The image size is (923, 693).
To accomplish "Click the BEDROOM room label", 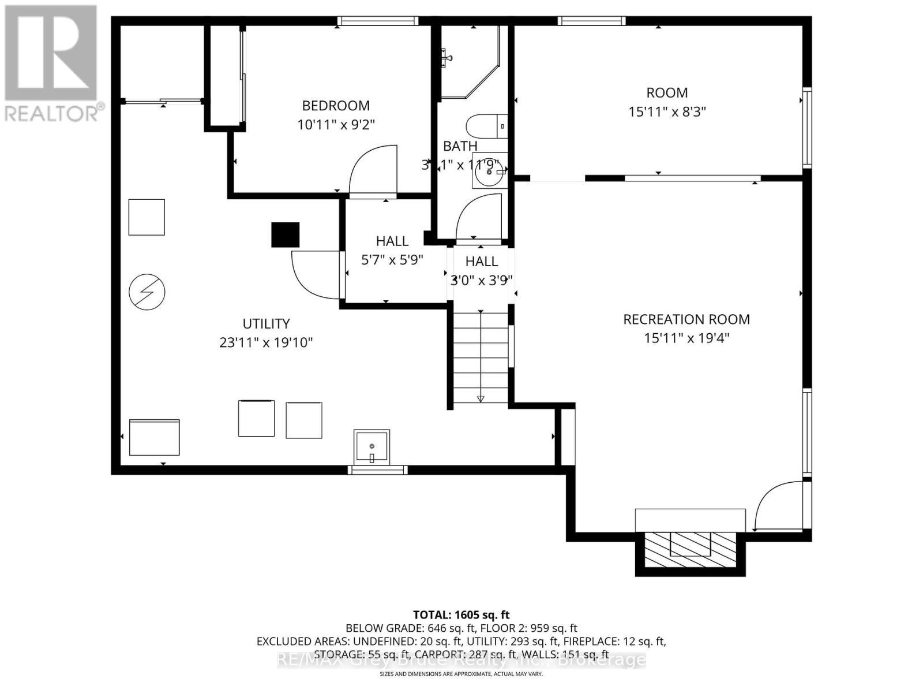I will [336, 106].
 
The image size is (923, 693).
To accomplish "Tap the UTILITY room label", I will [266, 323].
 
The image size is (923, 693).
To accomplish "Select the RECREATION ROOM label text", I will [686, 319].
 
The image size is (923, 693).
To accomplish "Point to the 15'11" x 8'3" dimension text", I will [667, 111].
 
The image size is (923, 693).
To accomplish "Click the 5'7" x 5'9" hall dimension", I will [392, 260].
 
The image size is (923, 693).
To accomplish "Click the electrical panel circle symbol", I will [147, 292].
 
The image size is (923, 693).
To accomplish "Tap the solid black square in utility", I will [286, 234].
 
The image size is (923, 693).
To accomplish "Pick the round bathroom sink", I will [488, 171].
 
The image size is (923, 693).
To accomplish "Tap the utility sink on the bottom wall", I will [372, 446].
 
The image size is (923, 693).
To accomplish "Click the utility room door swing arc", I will [314, 276].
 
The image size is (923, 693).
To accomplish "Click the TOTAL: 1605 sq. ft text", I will [461, 615].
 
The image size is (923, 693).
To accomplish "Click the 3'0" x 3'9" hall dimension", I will [482, 280].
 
